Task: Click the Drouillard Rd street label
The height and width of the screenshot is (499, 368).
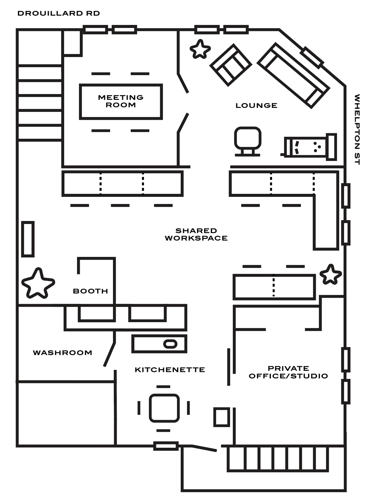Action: [x=58, y=13]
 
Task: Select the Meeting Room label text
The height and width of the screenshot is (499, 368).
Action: [x=121, y=101]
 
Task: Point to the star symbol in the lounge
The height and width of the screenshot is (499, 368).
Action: [x=200, y=50]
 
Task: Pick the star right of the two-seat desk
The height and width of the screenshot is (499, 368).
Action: [x=330, y=275]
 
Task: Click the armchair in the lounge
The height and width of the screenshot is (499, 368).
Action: [x=231, y=65]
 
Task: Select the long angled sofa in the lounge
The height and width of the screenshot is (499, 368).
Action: [x=293, y=75]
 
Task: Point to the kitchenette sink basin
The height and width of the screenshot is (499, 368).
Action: [x=170, y=344]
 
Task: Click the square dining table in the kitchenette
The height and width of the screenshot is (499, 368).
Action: [x=164, y=408]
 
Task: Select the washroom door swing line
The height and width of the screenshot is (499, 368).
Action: [x=109, y=354]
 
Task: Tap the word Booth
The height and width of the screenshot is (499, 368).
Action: [x=90, y=291]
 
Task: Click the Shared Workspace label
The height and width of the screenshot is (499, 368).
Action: [x=196, y=234]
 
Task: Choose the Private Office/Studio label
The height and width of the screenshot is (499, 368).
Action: [x=288, y=372]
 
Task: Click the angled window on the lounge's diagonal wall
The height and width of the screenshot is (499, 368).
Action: [x=312, y=58]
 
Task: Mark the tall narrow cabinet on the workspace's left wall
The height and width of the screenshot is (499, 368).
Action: [x=28, y=239]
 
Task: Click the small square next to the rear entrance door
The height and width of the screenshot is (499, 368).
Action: [x=222, y=417]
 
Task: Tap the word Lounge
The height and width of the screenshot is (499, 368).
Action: [x=256, y=106]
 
